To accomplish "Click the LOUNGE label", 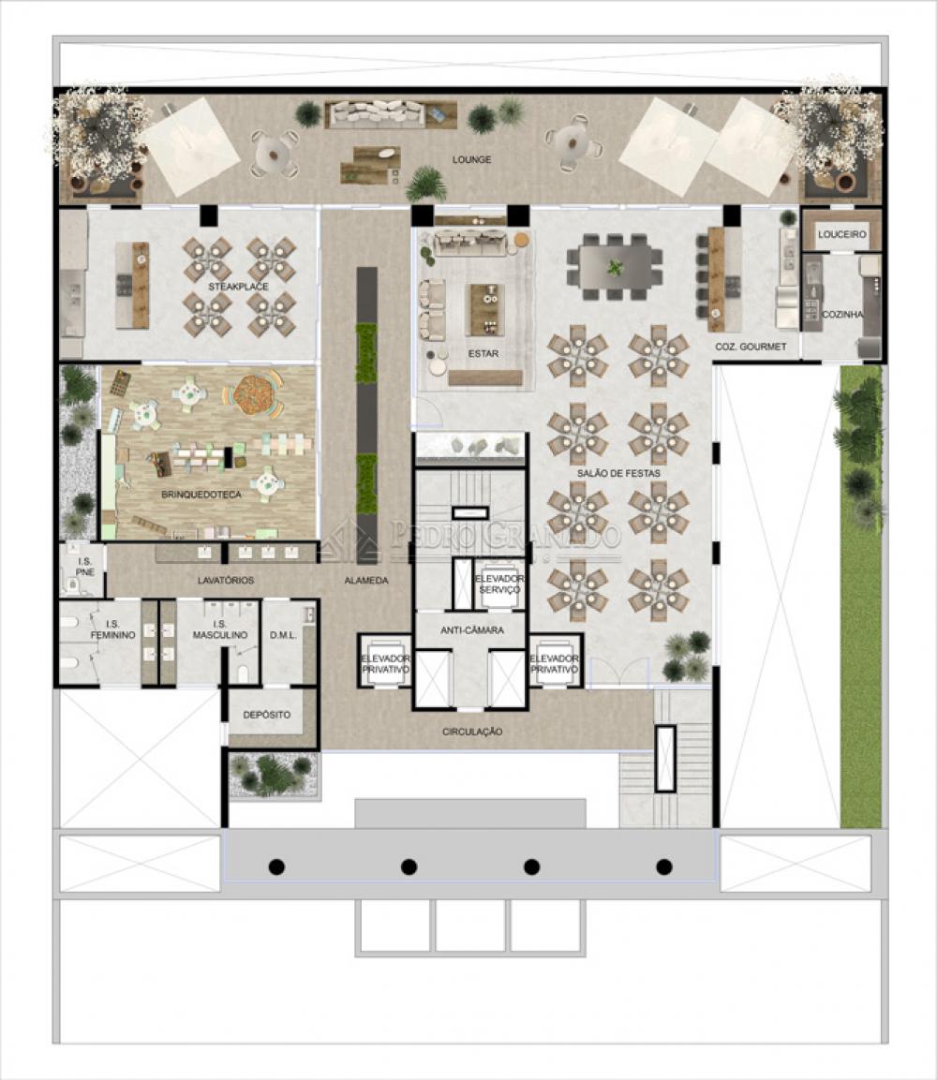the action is [x=471, y=160].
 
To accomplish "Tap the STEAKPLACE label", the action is [x=238, y=287].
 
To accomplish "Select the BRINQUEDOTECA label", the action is [x=201, y=495].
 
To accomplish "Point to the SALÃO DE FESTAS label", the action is [x=618, y=474].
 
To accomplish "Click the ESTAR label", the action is [x=483, y=354].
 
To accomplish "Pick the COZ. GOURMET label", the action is [x=751, y=348].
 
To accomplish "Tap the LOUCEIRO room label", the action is [x=842, y=235].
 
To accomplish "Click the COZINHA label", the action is [x=842, y=315].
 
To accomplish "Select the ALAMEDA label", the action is [x=365, y=581].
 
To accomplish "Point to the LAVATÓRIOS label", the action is [x=225, y=581].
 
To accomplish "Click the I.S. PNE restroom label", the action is [x=84, y=567].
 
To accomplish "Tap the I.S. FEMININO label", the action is [x=112, y=629].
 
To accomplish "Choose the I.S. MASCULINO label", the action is [x=220, y=629].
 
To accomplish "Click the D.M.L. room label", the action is [x=283, y=635].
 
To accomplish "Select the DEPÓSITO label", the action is [x=267, y=715].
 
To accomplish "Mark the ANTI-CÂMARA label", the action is [x=472, y=630].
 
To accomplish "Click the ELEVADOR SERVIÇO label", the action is [x=499, y=584].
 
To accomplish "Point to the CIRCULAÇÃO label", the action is [x=472, y=732].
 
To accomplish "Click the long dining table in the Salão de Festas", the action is [x=615, y=267].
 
